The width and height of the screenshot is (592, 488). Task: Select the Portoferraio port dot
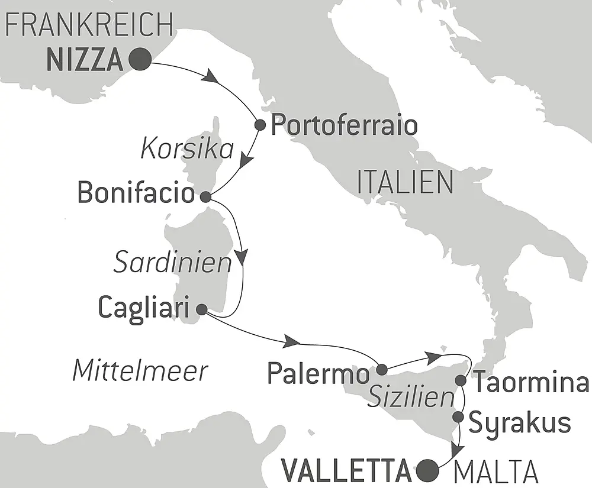click(x=259, y=125)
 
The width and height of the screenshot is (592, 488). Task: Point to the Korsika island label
click(x=187, y=150)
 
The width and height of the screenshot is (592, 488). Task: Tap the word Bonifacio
click(x=136, y=193)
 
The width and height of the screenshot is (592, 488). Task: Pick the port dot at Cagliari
click(x=201, y=309)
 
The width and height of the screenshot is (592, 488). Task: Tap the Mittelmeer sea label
click(x=140, y=371)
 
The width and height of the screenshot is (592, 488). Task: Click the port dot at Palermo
click(x=381, y=369)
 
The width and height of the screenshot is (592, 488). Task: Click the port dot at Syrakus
click(x=458, y=418)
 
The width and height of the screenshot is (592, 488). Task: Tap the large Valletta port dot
click(x=428, y=470)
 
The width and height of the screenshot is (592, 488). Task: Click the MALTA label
click(x=496, y=473)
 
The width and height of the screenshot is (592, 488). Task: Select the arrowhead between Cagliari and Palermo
click(x=291, y=341)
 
